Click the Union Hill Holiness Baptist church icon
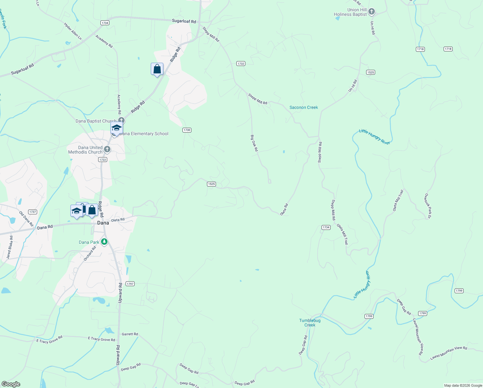coord(372,12)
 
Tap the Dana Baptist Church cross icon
coord(121,121)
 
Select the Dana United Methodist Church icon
coord(107,149)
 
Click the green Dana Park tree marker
coord(104,242)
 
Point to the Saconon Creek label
coord(303,107)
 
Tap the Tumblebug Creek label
coord(310,323)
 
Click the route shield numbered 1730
coord(187,130)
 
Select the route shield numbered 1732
coord(241,64)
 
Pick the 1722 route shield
coord(103,160)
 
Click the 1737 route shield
coord(32,212)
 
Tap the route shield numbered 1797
coord(130,284)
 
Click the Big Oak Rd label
coord(254,143)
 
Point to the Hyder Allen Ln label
coord(73,31)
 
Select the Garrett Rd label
coord(130,334)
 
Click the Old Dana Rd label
coord(26,219)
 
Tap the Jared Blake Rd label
coord(10,247)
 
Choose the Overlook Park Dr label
coord(427,206)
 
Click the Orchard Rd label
coord(90,253)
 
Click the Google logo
coord(11,384)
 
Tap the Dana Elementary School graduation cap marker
coord(117,128)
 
